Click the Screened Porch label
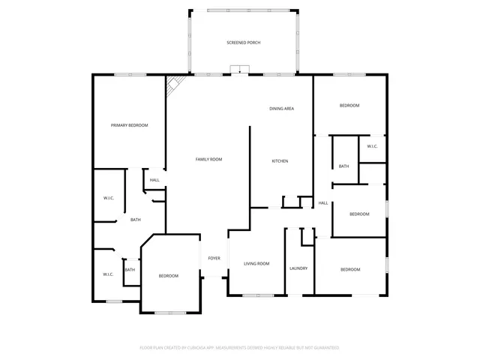pos(243,43)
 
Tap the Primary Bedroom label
pos(129,125)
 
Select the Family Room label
pos(208,159)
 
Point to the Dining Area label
pos(281,109)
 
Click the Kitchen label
pos(280,161)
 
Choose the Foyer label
pos(214,258)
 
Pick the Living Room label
pos(256,263)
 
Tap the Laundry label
pos(298,268)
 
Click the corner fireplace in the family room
pos(175,84)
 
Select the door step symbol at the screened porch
pos(239,70)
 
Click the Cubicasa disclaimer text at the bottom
pos(240,348)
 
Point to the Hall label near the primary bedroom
pos(154,180)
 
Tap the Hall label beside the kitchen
pos(323,202)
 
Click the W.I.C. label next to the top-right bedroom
pos(372,146)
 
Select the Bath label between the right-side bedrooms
pos(343,166)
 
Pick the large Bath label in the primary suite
pos(136,220)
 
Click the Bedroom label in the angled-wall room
pos(168,276)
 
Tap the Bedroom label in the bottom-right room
pos(350,269)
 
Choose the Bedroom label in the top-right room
pos(349,106)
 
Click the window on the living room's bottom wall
pos(256,295)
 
